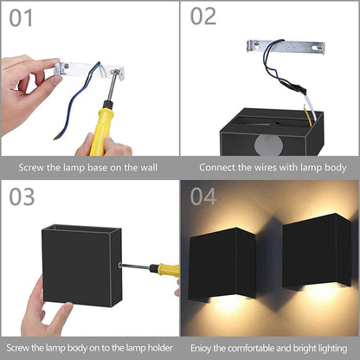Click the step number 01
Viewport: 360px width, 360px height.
click(x=21, y=18)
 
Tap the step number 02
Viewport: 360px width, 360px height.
click(x=203, y=16)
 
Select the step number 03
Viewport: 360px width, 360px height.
click(x=22, y=197)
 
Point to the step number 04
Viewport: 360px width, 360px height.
click(x=203, y=196)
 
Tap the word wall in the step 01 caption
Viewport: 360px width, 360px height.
click(x=149, y=167)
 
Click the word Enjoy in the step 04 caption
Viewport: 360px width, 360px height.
click(x=201, y=348)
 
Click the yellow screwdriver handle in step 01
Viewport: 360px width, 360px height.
click(x=100, y=128)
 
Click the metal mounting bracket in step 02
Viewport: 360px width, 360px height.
click(x=286, y=47)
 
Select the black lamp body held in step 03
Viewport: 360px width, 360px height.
click(x=82, y=266)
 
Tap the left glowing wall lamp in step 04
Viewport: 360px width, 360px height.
click(x=222, y=264)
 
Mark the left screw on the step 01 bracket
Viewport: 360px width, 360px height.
click(x=66, y=67)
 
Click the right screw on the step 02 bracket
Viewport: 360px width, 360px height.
click(x=319, y=46)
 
